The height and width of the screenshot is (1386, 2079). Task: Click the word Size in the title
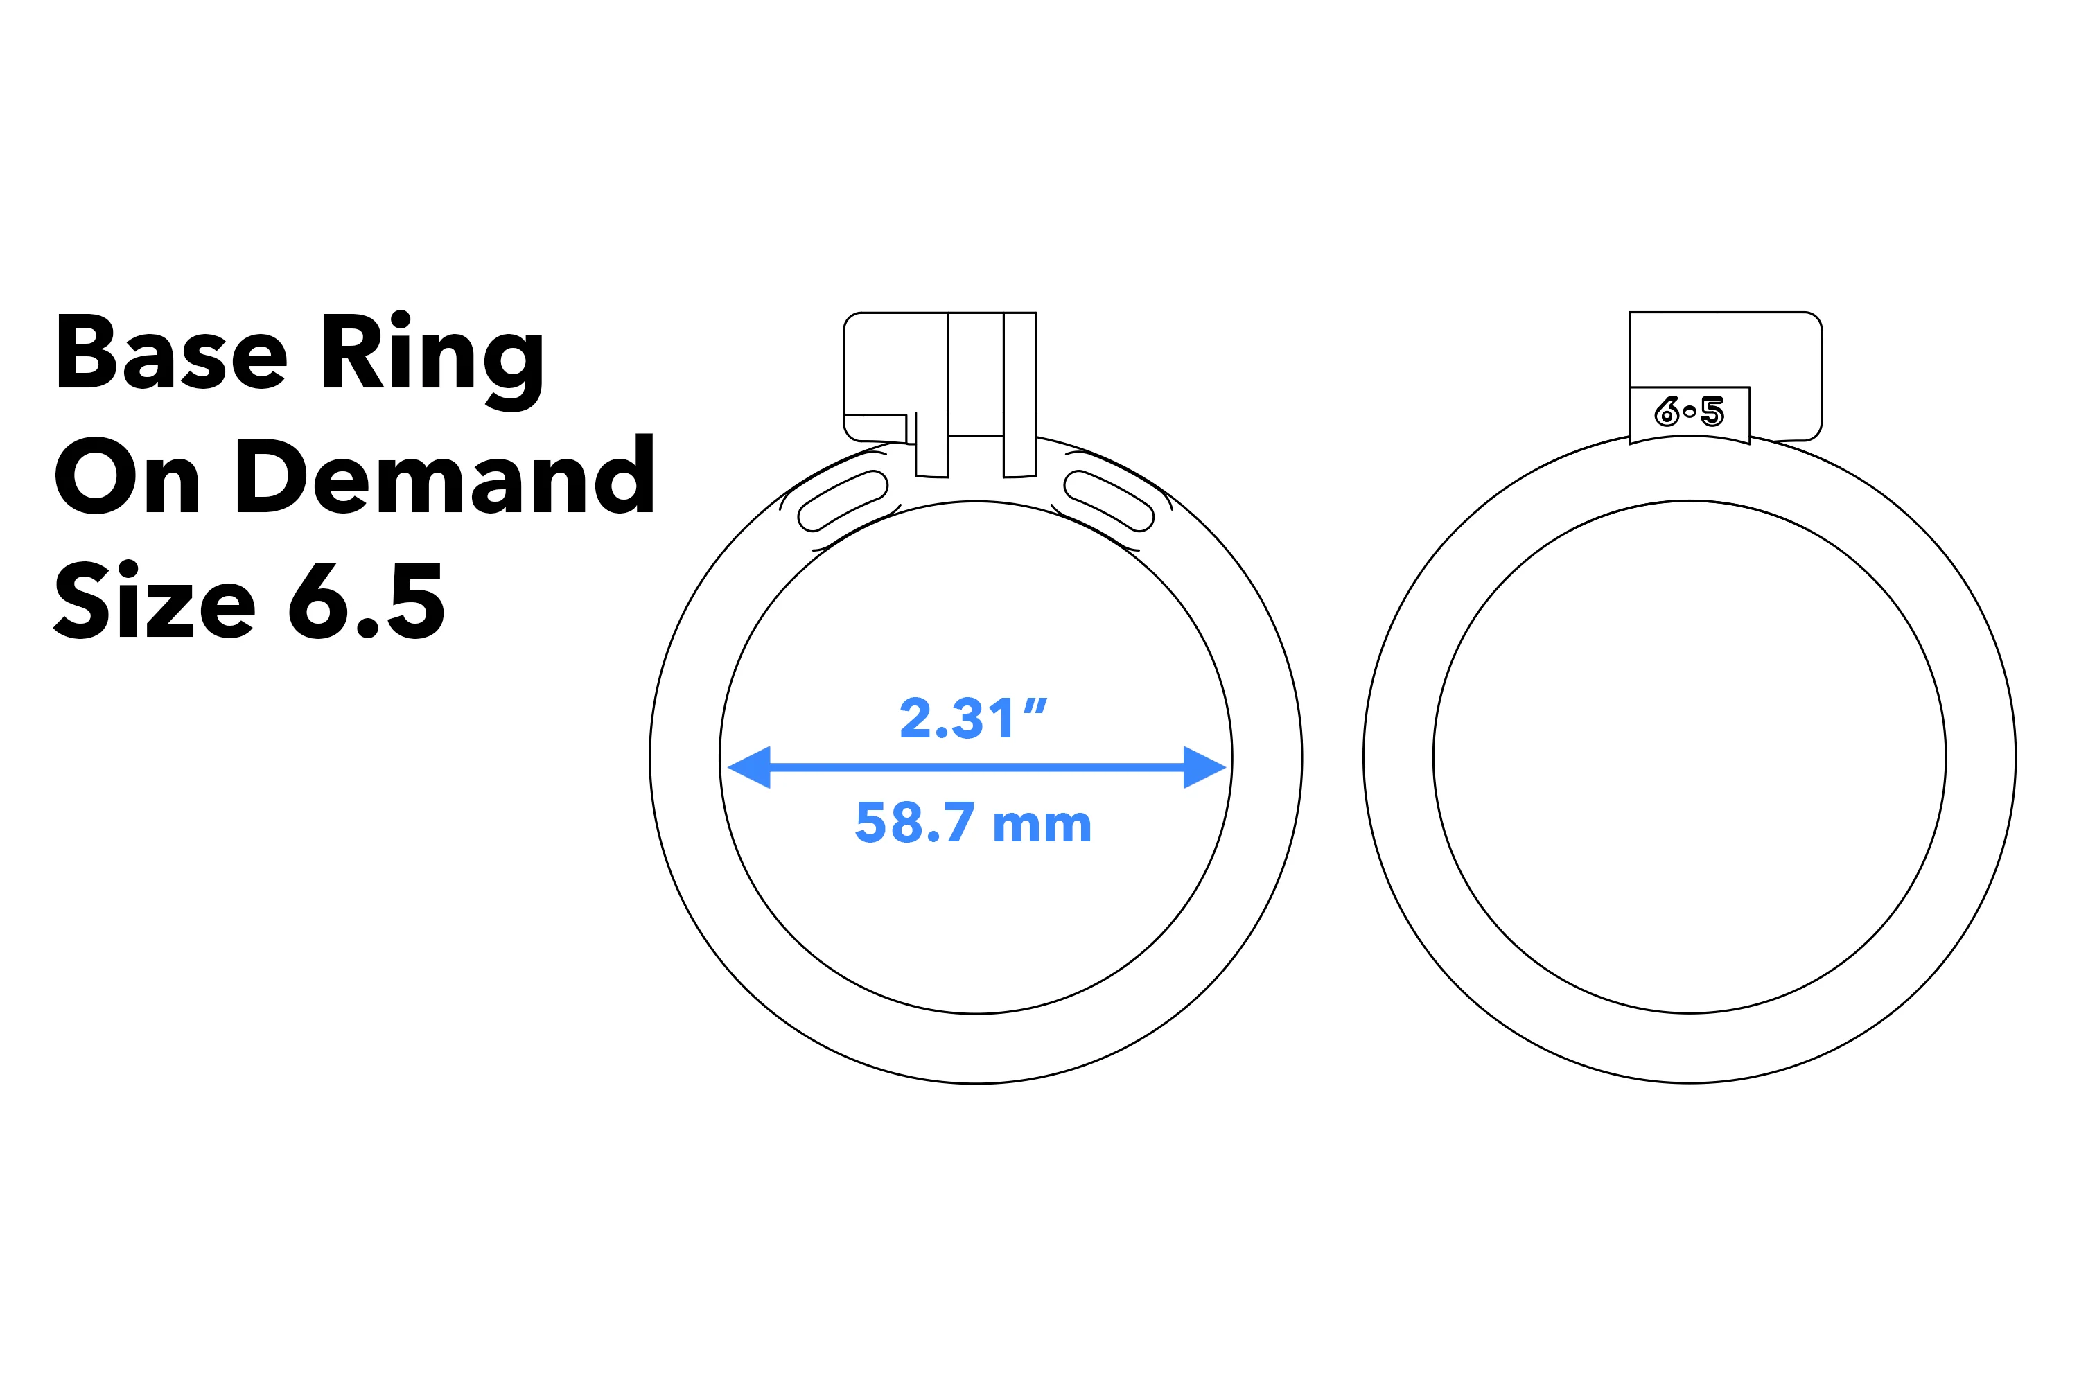pyautogui.click(x=155, y=601)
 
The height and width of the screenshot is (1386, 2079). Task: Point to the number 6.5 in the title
pyautogui.click(x=366, y=601)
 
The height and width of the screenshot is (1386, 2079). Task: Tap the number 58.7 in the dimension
pyautogui.click(x=915, y=823)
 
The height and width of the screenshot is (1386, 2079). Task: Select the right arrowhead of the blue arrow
pyautogui.click(x=1203, y=766)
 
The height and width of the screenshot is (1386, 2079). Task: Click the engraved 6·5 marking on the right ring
pyautogui.click(x=1690, y=412)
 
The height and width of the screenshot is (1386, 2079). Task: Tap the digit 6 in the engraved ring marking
pyautogui.click(x=1667, y=412)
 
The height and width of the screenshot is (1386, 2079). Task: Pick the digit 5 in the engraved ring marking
pyautogui.click(x=1712, y=412)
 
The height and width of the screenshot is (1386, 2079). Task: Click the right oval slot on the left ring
pyautogui.click(x=1108, y=501)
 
